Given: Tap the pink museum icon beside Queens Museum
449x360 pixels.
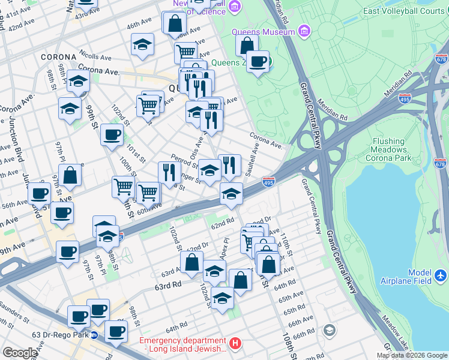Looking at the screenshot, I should tap(304, 30).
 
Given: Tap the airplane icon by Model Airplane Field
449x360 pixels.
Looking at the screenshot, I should tap(441, 275).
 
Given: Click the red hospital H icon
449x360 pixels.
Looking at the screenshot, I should tap(235, 344).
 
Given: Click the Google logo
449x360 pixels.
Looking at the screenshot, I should tap(20, 352).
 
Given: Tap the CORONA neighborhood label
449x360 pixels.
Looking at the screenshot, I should tap(58, 57).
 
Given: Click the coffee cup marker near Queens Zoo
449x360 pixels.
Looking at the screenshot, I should tap(258, 61).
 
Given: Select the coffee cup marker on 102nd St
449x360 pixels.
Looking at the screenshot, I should tap(112, 134).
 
